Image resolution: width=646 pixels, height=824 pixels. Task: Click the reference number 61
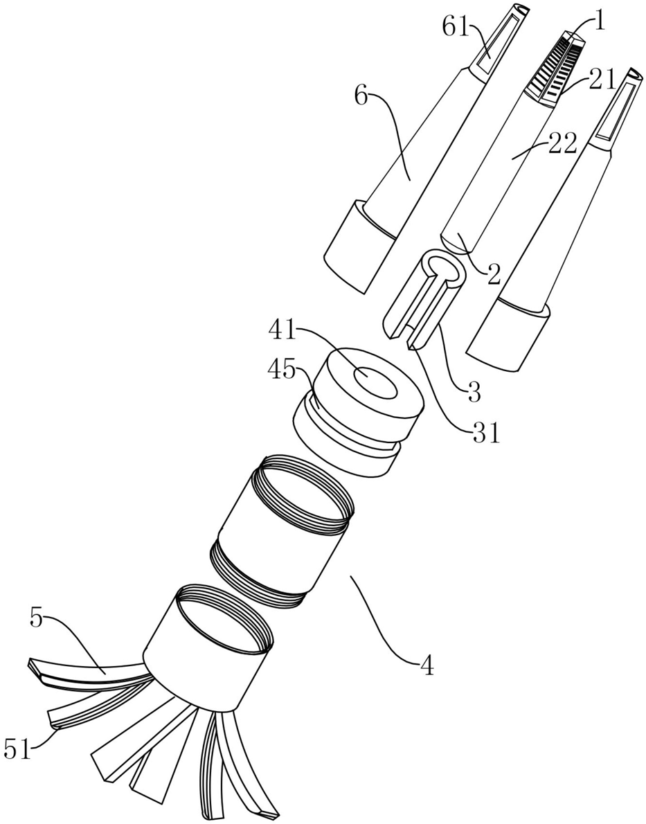pyautogui.click(x=455, y=27)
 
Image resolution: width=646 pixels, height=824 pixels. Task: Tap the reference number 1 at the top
pyautogui.click(x=599, y=23)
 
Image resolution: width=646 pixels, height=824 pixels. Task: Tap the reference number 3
pyautogui.click(x=474, y=392)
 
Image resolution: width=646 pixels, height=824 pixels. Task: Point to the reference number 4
pyautogui.click(x=427, y=667)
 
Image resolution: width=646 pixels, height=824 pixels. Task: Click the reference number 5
pyautogui.click(x=36, y=618)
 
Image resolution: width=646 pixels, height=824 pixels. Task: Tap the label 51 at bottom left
pyautogui.click(x=18, y=749)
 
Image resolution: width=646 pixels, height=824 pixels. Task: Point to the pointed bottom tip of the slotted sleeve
pyautogui.click(x=411, y=346)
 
